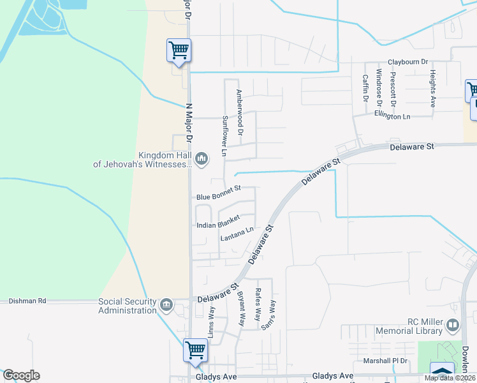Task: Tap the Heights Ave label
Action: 432,88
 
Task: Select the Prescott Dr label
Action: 393,89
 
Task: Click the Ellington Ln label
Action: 392,117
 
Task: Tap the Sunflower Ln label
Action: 224,136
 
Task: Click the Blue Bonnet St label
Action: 218,188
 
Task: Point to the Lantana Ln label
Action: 237,234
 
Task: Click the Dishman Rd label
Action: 27,301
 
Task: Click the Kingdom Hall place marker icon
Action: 202,158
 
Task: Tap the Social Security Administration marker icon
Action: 167,304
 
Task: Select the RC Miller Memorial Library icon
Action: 453,326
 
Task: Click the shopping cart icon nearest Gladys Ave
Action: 195,350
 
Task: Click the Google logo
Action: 20,375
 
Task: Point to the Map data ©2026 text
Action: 449,378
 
